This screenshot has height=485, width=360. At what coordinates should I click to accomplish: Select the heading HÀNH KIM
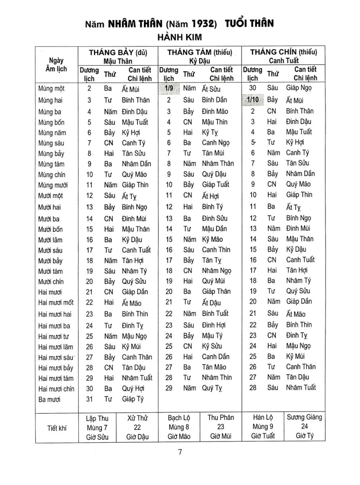180,37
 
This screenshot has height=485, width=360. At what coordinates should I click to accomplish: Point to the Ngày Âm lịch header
56,65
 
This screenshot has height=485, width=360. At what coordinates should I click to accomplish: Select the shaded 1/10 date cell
253,99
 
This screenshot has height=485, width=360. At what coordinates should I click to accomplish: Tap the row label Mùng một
51,89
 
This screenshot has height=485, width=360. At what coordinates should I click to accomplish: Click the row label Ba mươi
49,399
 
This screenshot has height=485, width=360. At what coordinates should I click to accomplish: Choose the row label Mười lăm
51,240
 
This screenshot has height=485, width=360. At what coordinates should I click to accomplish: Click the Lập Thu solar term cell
97,427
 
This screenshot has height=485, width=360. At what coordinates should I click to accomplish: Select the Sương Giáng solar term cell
305,426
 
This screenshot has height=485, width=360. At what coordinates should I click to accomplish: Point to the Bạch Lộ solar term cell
179,427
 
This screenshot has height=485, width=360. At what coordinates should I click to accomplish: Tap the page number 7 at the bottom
180,452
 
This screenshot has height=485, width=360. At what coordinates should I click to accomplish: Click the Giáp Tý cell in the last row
133,399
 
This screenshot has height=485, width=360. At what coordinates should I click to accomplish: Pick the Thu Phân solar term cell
221,426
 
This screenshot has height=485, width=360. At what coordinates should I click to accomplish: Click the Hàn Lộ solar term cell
263,427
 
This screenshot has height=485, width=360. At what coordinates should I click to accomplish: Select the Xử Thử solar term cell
137,427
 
